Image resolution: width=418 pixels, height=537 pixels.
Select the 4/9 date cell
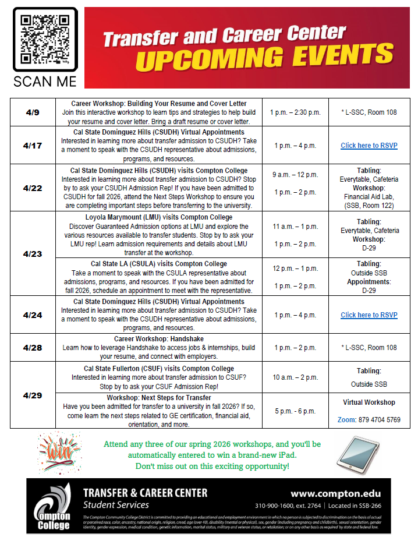tap(33, 112)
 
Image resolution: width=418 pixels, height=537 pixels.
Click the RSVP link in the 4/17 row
tap(369, 146)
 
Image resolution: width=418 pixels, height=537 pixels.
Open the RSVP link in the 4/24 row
tap(369, 315)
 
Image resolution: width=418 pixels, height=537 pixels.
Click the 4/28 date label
tap(33, 348)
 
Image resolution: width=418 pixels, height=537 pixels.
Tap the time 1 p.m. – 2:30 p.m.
tap(295, 112)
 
